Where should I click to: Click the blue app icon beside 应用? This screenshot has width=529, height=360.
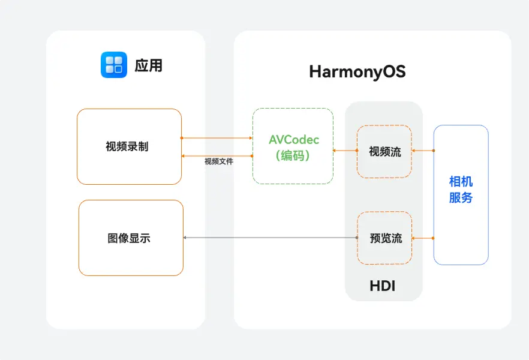[114, 65]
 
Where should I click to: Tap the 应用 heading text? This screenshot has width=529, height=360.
[148, 65]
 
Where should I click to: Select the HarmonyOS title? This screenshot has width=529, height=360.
[357, 72]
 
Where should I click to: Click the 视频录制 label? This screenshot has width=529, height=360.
[127, 146]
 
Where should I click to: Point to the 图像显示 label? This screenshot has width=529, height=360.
[129, 238]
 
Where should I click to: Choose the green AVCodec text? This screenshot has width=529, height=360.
[294, 140]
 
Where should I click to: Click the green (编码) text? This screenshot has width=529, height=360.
[293, 155]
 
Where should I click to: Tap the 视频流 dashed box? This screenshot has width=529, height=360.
[384, 151]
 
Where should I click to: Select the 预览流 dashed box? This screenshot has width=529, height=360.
[385, 238]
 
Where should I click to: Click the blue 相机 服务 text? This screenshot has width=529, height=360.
[461, 190]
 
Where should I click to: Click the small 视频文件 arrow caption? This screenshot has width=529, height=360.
[219, 161]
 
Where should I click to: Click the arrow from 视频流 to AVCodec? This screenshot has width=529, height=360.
[345, 151]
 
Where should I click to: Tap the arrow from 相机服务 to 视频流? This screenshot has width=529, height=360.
[423, 151]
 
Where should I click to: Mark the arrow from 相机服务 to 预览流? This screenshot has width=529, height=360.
[423, 238]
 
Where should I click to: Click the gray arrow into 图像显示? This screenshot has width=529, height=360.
[270, 238]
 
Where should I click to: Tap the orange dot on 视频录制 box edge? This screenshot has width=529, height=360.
[181, 138]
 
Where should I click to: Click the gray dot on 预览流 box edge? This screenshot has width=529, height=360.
[357, 238]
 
